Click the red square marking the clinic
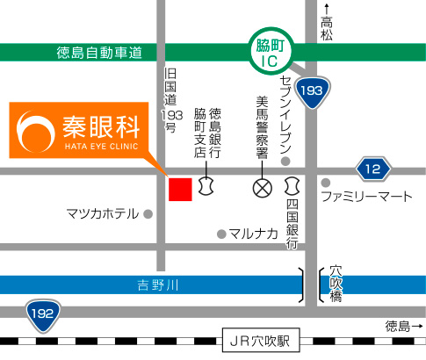180,189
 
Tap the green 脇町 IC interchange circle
266,53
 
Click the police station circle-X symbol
261,187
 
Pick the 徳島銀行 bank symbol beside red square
208,186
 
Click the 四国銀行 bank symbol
292,186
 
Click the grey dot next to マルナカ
220,234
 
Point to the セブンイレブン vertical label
285,112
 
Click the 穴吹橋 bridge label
336,284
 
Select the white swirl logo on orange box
36,131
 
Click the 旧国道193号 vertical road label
170,99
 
